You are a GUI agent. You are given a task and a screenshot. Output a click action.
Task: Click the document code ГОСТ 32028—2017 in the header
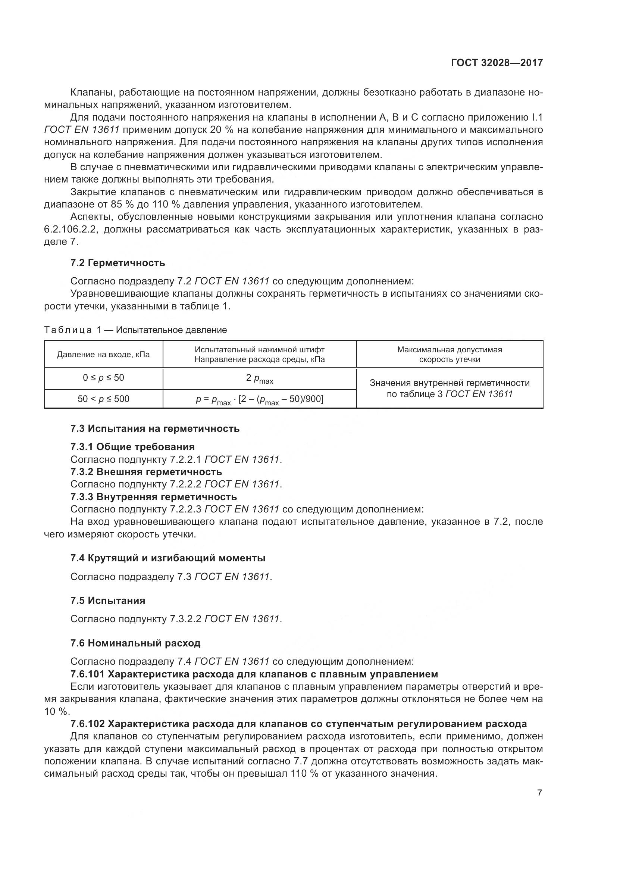point(497,63)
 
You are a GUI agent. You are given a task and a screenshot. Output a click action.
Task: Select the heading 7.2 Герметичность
point(118,263)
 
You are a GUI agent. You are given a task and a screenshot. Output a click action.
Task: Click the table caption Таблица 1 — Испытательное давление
point(135,330)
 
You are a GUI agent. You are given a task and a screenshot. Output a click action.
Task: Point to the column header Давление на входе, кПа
point(103,355)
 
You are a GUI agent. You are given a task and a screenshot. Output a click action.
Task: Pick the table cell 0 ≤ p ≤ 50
point(103,378)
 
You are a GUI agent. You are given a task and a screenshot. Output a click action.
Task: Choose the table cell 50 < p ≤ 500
point(103,399)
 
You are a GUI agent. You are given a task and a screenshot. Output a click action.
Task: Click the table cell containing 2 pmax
point(260,378)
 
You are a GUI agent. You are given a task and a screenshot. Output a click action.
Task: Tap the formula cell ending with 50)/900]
point(260,400)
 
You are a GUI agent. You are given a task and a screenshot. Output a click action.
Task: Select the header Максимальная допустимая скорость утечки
point(450,354)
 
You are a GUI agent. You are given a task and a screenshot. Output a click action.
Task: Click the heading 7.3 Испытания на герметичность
point(155,428)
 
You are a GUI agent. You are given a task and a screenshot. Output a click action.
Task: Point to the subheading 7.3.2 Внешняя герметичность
point(146,472)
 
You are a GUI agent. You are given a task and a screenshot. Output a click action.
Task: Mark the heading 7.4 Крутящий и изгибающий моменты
point(168,558)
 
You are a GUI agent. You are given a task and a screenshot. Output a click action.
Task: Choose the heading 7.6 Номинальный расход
point(136,643)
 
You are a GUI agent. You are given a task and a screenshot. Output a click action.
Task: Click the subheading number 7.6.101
point(88,674)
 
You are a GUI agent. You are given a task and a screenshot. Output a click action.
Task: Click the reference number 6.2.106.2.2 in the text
point(71,229)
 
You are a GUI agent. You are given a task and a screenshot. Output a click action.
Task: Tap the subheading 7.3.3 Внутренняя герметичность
point(153,496)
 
